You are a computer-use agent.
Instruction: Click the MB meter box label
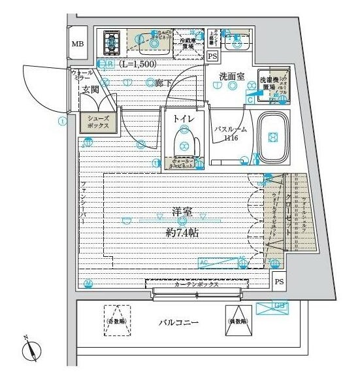pos(78,44)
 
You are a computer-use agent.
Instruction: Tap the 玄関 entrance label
pos(90,90)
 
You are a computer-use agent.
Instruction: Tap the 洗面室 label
pos(231,76)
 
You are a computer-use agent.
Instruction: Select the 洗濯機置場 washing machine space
pos(269,82)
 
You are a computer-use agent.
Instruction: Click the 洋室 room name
pos(181,211)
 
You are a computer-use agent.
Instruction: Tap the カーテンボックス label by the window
pos(196,284)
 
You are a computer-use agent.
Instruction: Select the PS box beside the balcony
pos(280,282)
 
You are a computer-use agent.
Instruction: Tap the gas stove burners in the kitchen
pos(108,44)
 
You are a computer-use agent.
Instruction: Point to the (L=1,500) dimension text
pos(138,63)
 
